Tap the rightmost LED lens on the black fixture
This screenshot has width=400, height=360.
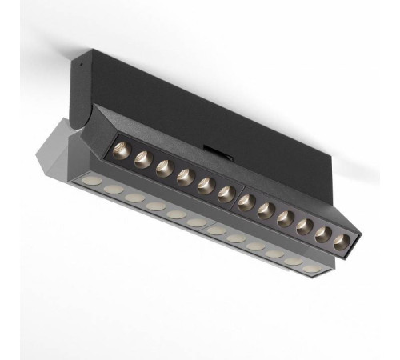click(342, 242)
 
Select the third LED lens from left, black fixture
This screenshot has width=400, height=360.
click(164, 165)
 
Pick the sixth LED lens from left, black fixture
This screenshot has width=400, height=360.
click(226, 192)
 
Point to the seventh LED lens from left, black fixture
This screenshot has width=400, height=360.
click(246, 201)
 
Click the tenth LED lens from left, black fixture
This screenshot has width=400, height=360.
click(304, 226)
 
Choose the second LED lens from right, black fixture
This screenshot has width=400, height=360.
click(323, 234)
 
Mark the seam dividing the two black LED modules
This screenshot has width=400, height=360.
click(236, 198)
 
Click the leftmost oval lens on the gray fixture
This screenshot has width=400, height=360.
click(94, 182)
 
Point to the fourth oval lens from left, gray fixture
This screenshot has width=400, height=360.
click(156, 206)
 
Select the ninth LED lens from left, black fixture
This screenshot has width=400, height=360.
click(285, 218)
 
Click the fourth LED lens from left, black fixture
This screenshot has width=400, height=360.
click(185, 174)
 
